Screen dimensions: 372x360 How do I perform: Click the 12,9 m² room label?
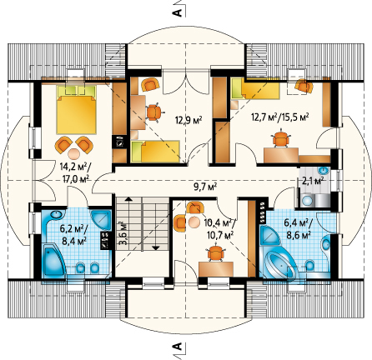point(189,120)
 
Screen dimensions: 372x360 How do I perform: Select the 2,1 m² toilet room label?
point(314,181)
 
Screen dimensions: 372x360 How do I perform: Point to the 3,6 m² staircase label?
point(123,232)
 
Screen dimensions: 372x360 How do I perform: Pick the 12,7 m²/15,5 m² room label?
point(280,117)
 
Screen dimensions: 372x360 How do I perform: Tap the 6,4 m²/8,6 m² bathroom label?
point(299,229)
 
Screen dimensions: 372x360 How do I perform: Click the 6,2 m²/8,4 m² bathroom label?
point(74,233)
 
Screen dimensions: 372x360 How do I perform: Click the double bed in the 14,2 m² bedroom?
point(77,109)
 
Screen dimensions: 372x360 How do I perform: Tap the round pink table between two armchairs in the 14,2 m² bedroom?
point(73,153)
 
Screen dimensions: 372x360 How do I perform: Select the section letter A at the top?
point(178,12)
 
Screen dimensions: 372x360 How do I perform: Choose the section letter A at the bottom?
point(178,346)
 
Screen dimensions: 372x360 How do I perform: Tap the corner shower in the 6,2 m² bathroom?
point(101,219)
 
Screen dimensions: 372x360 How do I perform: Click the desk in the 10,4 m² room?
point(216,269)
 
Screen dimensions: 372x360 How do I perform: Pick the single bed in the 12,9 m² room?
point(155,152)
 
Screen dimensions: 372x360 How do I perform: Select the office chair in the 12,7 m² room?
point(281,138)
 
